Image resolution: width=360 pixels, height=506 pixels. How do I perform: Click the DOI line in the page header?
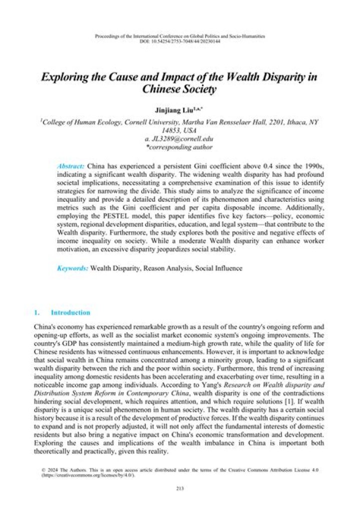tap(180, 41)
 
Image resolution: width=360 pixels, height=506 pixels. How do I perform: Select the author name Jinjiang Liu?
tap(176, 109)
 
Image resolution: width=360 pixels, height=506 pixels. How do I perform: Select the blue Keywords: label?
tap(73, 268)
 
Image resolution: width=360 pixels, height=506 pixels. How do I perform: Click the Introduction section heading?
tap(70, 313)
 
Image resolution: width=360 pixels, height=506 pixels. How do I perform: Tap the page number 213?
tap(180, 489)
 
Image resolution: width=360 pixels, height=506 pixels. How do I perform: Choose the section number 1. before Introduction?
tap(36, 313)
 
